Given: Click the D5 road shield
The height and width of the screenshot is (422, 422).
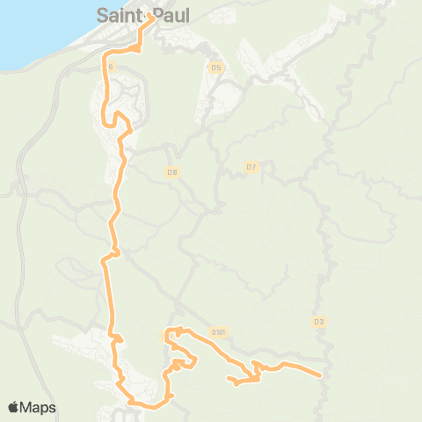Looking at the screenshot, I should pyautogui.click(x=217, y=67).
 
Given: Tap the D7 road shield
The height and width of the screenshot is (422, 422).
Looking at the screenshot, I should pyautogui.click(x=251, y=166).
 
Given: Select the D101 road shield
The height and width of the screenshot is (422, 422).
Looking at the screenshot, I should pyautogui.click(x=219, y=332).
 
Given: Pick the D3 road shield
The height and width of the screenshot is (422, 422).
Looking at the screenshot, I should pyautogui.click(x=319, y=322).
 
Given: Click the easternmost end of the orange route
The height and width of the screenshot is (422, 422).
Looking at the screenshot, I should pyautogui.click(x=319, y=375).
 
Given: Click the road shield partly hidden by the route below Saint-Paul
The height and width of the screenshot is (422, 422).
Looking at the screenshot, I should pyautogui.click(x=110, y=66).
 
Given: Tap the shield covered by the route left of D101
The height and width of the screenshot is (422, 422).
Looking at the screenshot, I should pyautogui.click(x=167, y=335).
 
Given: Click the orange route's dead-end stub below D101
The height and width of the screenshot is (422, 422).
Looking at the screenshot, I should pyautogui.click(x=230, y=380).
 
